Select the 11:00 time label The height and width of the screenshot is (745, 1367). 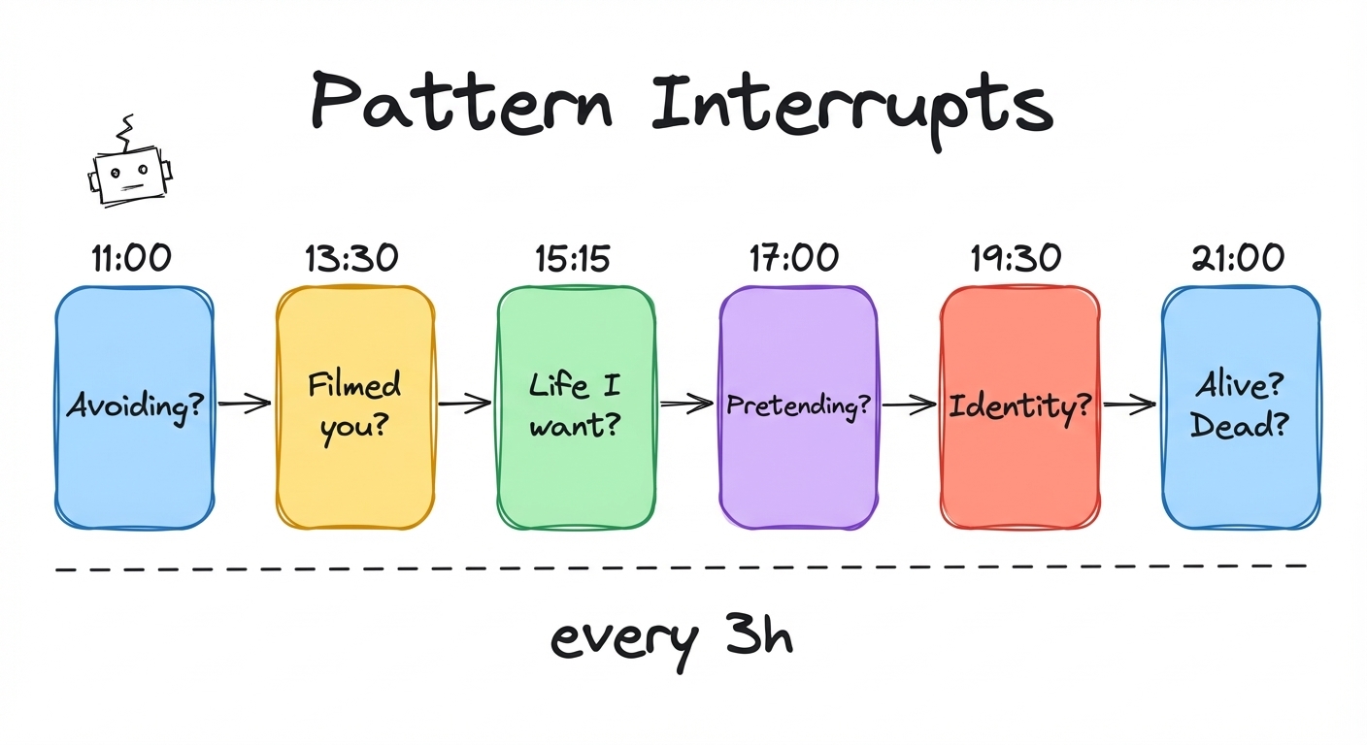click(132, 258)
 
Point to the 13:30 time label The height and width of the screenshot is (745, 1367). click(352, 258)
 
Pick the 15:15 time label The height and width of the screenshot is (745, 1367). click(574, 258)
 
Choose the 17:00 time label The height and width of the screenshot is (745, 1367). click(795, 258)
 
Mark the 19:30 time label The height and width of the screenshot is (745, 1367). click(1017, 258)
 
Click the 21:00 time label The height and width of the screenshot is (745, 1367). click(1239, 258)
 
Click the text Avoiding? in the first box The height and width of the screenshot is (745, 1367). click(135, 405)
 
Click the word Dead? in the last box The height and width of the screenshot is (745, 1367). click(1240, 427)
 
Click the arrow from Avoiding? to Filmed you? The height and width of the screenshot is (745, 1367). click(245, 404)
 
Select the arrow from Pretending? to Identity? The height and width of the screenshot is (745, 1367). click(909, 405)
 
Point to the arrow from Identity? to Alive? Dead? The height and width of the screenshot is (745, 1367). click(1130, 405)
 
